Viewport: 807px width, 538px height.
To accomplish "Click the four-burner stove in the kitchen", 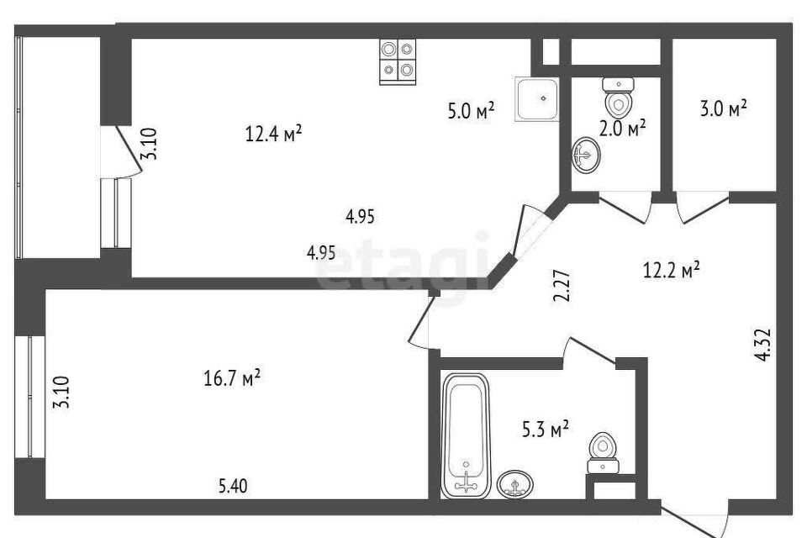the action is tap(398, 61).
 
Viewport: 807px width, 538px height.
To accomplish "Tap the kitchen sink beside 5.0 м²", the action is tap(537, 99).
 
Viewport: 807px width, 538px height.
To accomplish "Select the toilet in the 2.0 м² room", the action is tap(618, 98).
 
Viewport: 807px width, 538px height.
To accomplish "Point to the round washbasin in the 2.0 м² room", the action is tap(586, 154).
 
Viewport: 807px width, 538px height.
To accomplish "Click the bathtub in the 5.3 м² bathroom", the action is tap(466, 435).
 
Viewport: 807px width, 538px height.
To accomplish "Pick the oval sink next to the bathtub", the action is tap(515, 484).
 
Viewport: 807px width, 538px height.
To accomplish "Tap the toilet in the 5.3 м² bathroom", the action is tap(603, 453).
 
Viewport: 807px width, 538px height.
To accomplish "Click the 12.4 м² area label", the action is tap(273, 134).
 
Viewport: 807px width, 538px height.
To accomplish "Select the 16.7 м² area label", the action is tap(232, 378).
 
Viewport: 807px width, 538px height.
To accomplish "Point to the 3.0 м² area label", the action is tap(723, 108).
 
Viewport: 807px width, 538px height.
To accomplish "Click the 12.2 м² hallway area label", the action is tap(671, 269).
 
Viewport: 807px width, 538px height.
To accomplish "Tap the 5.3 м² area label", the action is tap(545, 429).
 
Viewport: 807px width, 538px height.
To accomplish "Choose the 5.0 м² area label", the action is tap(471, 111).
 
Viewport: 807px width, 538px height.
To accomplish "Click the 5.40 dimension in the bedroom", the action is tap(233, 486).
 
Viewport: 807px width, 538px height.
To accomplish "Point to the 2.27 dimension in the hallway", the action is tap(563, 286).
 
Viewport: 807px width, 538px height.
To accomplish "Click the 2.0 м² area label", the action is tap(622, 128).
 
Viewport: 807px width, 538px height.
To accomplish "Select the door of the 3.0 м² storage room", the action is tap(703, 207).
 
